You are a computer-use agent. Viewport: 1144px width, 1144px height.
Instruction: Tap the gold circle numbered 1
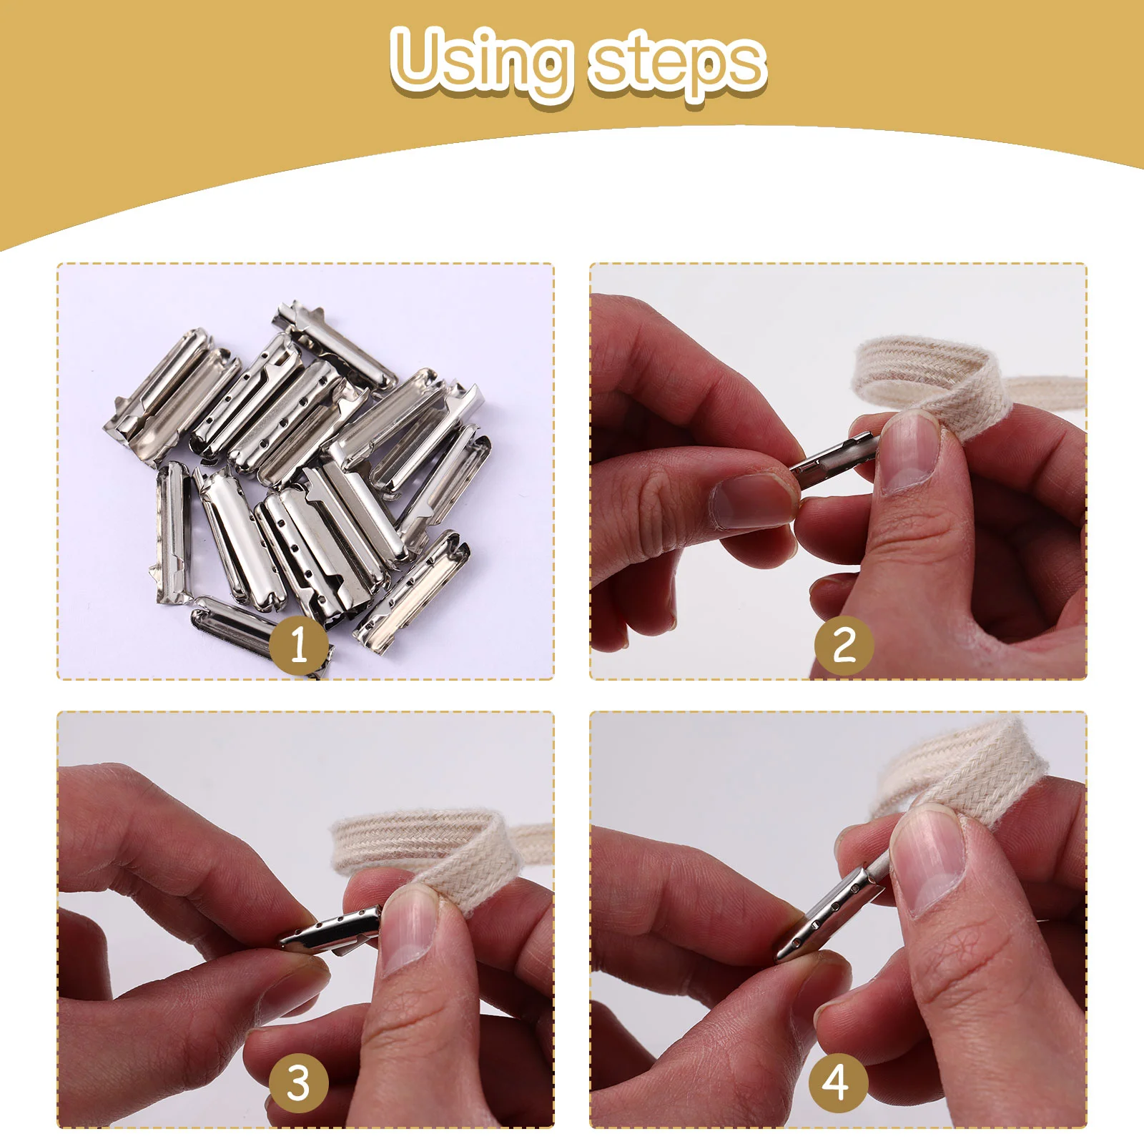(299, 644)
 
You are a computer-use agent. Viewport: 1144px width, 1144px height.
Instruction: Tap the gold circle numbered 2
(844, 645)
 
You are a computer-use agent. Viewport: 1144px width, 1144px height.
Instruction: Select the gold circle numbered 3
(299, 1083)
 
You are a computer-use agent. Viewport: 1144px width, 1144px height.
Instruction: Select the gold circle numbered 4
(837, 1083)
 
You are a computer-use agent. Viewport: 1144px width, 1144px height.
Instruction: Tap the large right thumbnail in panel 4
(929, 858)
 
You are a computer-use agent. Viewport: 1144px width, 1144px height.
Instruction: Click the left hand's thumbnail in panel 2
(751, 500)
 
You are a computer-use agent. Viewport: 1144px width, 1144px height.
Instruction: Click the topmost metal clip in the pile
(336, 343)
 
